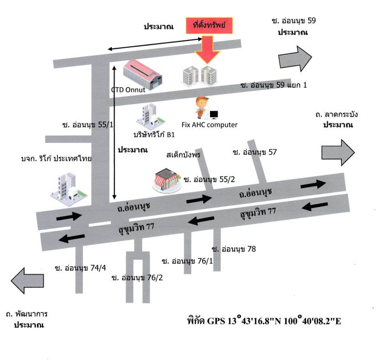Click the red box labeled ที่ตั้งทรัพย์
[x=210, y=25]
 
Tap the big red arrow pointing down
[x=207, y=50]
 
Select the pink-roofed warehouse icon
[x=142, y=75]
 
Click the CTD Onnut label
[x=128, y=90]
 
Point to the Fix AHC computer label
[x=210, y=125]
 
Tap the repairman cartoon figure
[x=202, y=107]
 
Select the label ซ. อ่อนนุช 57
[x=255, y=152]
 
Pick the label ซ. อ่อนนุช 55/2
[x=209, y=180]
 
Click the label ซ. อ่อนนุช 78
[x=234, y=249]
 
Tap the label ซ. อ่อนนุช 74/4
[x=80, y=268]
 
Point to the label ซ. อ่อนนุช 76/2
[x=137, y=278]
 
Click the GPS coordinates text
[x=264, y=321]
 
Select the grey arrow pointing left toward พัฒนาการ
[x=27, y=281]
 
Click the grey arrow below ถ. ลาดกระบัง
[x=338, y=152]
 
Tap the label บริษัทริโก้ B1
[x=154, y=135]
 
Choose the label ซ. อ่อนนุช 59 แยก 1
[x=274, y=85]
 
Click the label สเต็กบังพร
[x=183, y=155]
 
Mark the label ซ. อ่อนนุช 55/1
[x=88, y=125]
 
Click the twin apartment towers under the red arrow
[x=200, y=76]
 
